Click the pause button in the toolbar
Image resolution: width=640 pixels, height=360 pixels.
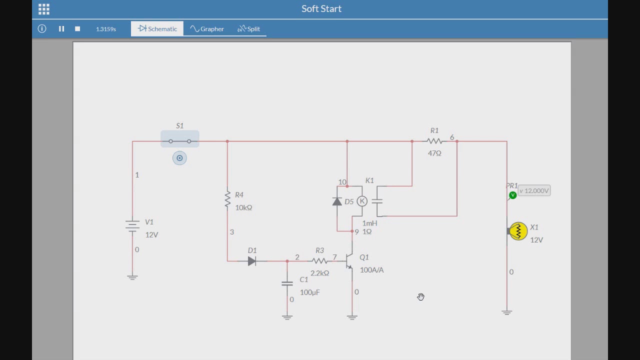pyautogui.click(x=61, y=29)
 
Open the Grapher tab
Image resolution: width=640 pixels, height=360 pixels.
pyautogui.click(x=207, y=29)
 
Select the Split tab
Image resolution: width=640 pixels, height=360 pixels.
pyautogui.click(x=248, y=29)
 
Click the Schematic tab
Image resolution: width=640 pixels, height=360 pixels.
pyautogui.click(x=157, y=29)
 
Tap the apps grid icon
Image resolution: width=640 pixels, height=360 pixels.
pyautogui.click(x=43, y=9)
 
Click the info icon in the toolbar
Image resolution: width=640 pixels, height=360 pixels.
pyautogui.click(x=42, y=28)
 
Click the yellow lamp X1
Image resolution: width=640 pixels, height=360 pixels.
pyautogui.click(x=518, y=231)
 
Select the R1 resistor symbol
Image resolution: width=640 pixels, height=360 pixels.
pyautogui.click(x=434, y=141)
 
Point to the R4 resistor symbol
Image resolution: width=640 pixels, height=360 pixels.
pyautogui.click(x=227, y=198)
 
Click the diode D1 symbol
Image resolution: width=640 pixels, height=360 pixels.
pyautogui.click(x=251, y=261)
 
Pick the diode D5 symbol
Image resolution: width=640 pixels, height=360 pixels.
pyautogui.click(x=337, y=201)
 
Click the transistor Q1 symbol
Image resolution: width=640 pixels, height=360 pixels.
pyautogui.click(x=349, y=260)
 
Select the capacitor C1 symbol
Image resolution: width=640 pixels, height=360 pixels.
pyautogui.click(x=287, y=283)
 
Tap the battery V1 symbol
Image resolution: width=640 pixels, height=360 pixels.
pyautogui.click(x=132, y=225)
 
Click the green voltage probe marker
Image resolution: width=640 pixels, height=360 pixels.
pyautogui.click(x=512, y=195)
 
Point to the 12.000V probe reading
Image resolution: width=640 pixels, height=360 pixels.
pyautogui.click(x=534, y=190)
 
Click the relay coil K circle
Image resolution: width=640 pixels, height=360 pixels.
pyautogui.click(x=362, y=201)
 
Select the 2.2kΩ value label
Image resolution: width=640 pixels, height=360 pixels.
pyautogui.click(x=319, y=273)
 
